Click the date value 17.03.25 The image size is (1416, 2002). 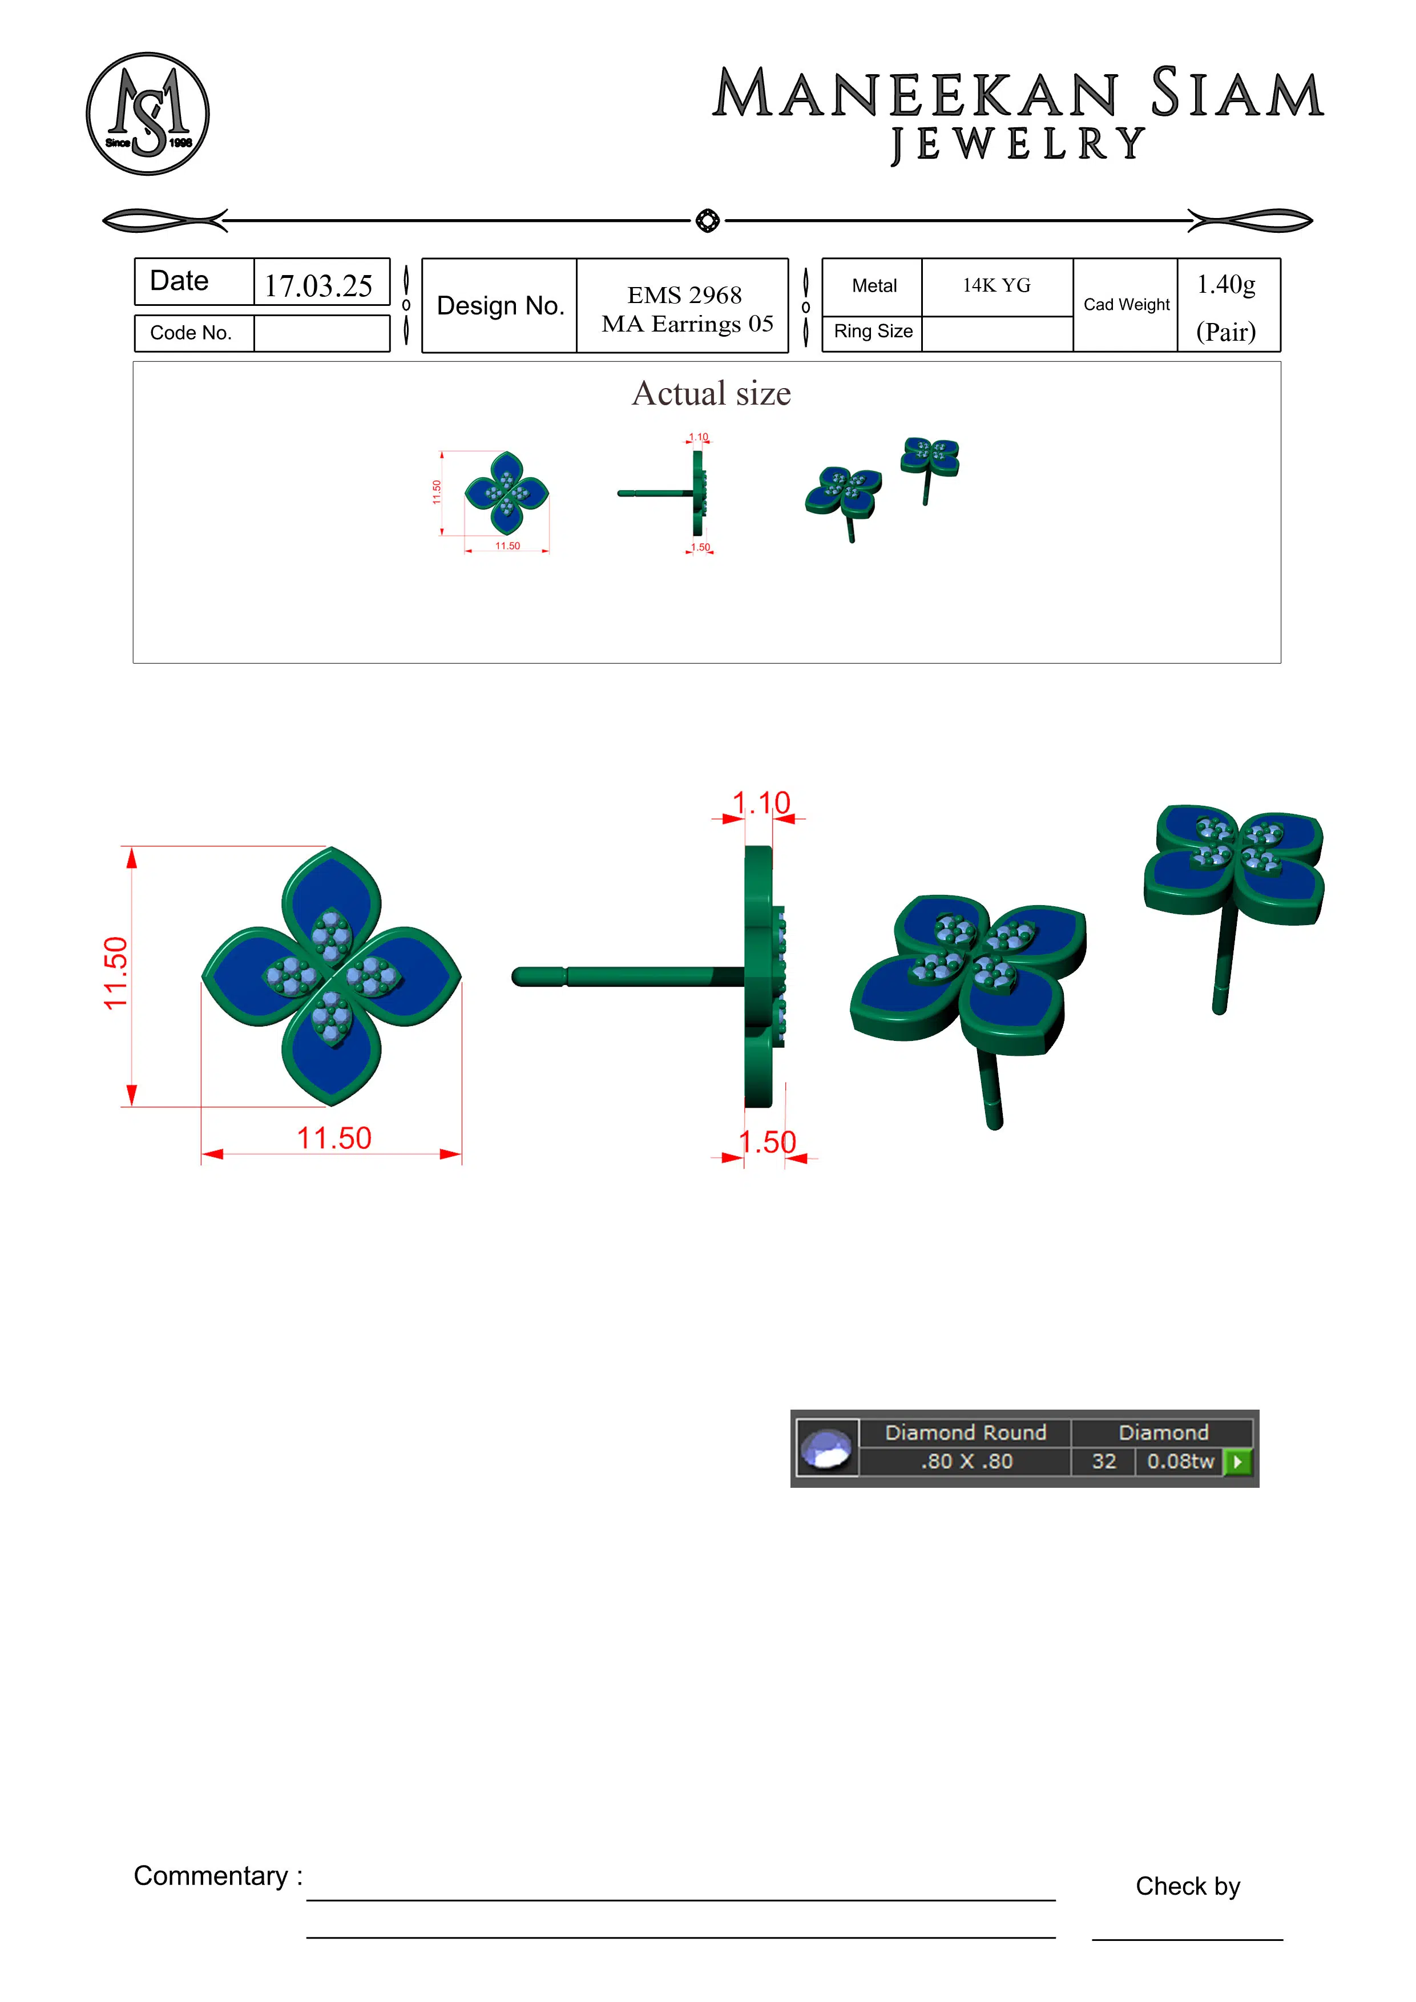[318, 285]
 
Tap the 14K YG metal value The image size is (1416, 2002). [996, 285]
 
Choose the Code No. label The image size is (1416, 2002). [191, 333]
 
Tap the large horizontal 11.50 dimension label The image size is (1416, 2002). [334, 1138]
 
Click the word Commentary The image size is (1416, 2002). [211, 1875]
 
